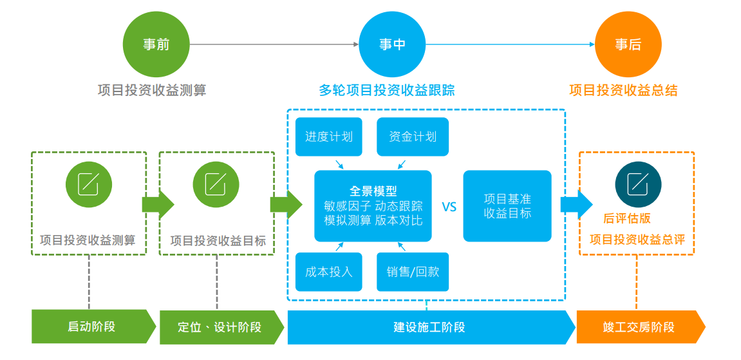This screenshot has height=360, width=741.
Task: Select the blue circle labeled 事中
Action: point(391,44)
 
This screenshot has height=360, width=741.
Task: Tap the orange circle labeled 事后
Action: point(628,44)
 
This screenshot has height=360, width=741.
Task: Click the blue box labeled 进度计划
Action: point(328,137)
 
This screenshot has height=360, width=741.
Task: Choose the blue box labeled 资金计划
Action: point(412,137)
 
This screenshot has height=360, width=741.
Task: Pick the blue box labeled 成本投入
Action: point(328,271)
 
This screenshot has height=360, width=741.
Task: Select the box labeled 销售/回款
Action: point(412,271)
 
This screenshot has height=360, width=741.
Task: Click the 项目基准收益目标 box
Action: point(507,206)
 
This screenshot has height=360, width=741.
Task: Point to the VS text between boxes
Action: point(449,207)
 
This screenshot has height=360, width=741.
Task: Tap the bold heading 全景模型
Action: point(373,191)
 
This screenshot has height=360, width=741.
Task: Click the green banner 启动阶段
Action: point(91,327)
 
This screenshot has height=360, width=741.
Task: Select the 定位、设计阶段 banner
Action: point(220,327)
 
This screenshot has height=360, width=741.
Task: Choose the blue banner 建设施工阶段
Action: point(429,327)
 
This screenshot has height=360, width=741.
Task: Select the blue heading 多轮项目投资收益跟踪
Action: point(386,90)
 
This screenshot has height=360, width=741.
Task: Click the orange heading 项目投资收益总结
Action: point(623,90)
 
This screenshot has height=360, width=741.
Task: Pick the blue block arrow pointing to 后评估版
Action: point(576,205)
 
